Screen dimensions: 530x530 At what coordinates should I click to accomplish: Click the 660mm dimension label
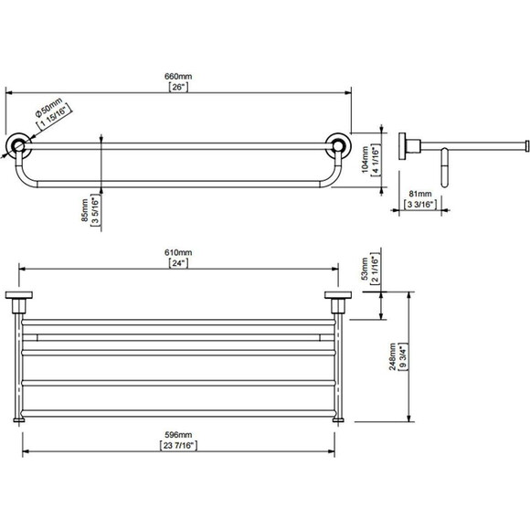click(x=178, y=77)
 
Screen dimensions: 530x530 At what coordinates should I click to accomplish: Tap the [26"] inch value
click(x=178, y=87)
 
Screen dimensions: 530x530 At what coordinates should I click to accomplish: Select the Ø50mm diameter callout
click(x=48, y=107)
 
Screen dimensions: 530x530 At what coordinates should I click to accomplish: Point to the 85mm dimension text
click(x=85, y=210)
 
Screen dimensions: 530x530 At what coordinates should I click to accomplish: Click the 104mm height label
click(x=365, y=159)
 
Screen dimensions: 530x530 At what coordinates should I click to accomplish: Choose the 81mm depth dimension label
click(x=420, y=194)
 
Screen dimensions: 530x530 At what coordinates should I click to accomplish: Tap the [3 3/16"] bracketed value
click(x=420, y=205)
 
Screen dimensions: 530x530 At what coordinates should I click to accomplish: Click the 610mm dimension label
click(x=178, y=252)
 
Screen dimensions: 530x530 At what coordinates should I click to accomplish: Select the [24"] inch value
click(x=178, y=263)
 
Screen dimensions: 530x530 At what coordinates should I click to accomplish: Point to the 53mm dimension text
click(x=365, y=269)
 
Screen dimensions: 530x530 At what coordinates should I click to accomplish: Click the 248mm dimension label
click(x=392, y=356)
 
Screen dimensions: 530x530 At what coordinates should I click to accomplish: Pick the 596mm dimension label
click(x=178, y=435)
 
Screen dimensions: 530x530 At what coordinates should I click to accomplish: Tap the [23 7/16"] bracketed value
click(x=178, y=446)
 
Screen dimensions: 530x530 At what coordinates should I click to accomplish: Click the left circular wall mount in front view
click(x=17, y=146)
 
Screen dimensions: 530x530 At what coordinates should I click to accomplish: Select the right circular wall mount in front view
click(x=338, y=145)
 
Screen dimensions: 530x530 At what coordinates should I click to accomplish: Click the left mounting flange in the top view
click(x=19, y=295)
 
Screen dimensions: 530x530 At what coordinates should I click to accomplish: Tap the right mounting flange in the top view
click(x=338, y=295)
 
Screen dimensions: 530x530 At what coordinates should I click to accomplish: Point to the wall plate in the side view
click(x=403, y=145)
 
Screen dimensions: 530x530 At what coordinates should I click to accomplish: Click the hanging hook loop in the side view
click(x=445, y=167)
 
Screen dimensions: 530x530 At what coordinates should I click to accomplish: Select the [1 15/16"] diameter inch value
click(x=55, y=117)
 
